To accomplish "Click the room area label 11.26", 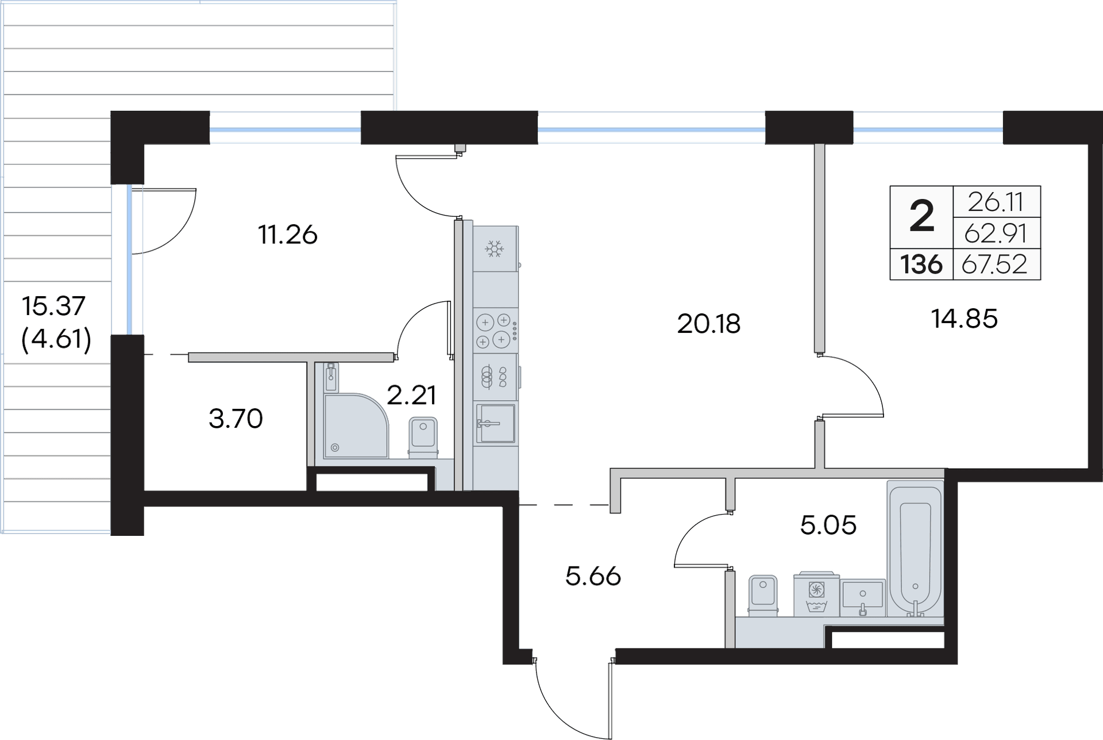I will click(288, 235).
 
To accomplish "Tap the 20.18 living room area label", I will click(709, 325).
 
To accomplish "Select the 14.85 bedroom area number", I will click(965, 319).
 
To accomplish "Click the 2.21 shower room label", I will click(411, 396).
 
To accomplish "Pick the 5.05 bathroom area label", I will click(828, 524).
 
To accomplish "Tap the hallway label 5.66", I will click(593, 576).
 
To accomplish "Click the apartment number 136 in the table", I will click(921, 265).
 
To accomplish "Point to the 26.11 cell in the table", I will click(996, 202).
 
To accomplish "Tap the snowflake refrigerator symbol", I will click(494, 249).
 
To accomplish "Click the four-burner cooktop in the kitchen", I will click(493, 330).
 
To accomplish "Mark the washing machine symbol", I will click(815, 595).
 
